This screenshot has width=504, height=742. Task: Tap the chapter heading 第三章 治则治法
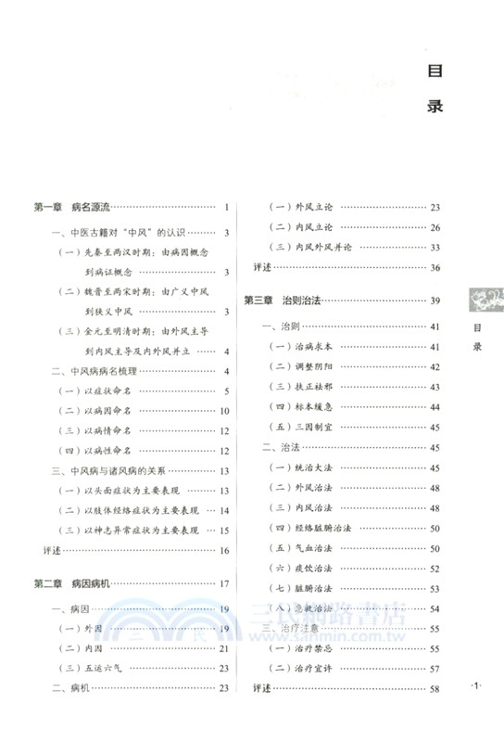(282, 300)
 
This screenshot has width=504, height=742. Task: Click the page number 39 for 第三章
(435, 300)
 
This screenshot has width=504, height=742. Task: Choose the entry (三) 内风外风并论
(313, 247)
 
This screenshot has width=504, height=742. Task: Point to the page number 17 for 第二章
(224, 583)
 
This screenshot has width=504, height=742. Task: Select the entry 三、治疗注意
(290, 629)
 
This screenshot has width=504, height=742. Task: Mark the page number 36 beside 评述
(435, 267)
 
